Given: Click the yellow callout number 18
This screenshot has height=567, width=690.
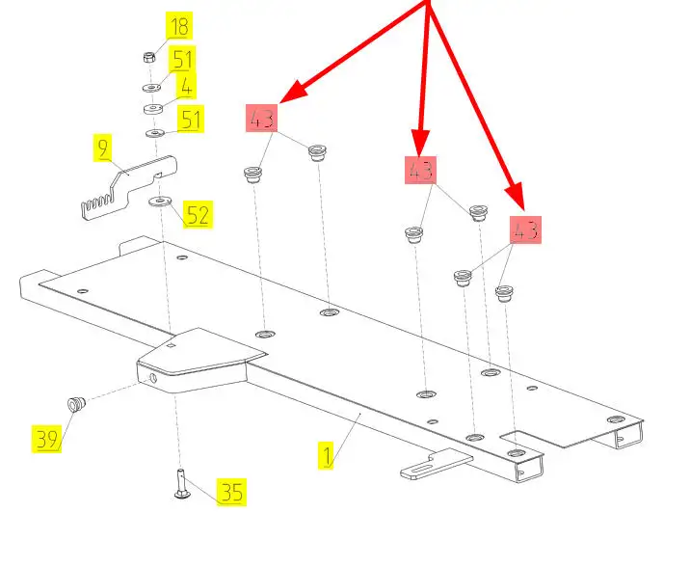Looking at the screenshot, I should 179,26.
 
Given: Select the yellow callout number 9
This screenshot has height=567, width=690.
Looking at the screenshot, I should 102,148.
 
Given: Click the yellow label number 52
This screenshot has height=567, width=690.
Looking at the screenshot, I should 198,214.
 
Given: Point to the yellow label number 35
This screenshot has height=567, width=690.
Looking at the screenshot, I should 230,492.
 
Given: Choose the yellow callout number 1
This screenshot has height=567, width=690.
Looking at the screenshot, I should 328,455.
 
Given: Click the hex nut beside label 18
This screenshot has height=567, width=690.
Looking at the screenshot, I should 149,58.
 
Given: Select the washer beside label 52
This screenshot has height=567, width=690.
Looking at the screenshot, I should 159,202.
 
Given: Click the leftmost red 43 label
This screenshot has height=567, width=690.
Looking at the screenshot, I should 261,120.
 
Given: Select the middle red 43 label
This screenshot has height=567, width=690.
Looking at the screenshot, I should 420,172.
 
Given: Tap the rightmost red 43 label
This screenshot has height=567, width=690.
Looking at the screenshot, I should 525,230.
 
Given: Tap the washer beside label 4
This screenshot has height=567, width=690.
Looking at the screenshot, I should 152,108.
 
